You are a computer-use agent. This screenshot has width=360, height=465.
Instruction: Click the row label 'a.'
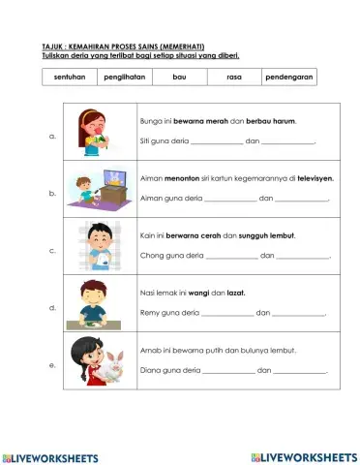coord(51,137)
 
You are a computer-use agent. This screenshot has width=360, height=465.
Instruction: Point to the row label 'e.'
coord(51,365)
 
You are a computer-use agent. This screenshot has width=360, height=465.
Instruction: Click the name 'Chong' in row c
coord(153,256)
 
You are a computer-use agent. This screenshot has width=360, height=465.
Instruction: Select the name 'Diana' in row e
coord(152,370)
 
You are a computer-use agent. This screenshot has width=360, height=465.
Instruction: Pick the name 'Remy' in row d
coord(151,313)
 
